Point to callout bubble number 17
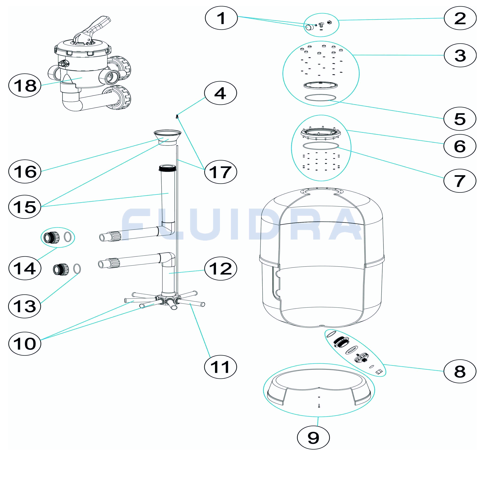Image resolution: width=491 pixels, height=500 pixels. coord(221,172)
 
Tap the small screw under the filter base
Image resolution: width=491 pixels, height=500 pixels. coord(319,406)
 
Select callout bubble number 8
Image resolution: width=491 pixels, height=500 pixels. coord(460,371)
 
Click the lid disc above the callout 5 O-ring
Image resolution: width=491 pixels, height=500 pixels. coord(321,85)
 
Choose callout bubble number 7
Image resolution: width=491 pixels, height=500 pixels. coord(460,181)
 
